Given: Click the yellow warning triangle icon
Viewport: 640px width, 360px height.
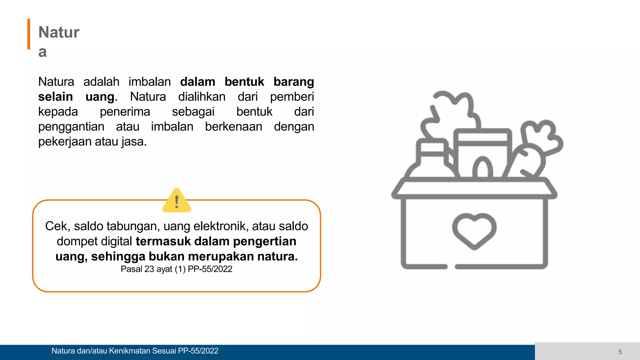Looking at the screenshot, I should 177,201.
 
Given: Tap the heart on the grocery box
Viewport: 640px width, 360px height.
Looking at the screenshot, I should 474,230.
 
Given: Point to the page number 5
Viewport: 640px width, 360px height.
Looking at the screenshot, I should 620,352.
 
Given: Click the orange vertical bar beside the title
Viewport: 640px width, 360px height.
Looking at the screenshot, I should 29,34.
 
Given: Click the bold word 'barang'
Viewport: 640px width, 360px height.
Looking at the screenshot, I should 293,82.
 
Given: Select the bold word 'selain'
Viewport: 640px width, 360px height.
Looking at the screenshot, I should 55,97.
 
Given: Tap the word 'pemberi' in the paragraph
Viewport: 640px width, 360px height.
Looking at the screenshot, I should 292,97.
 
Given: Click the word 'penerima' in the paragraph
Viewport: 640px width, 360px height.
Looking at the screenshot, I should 125,112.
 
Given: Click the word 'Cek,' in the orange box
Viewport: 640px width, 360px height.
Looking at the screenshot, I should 57,226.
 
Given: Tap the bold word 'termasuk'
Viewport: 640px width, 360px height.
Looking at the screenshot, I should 163,241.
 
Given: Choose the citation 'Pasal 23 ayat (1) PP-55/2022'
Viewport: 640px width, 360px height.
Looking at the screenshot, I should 177,269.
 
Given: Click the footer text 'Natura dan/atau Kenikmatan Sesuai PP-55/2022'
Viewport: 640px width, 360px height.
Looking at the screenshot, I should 135,351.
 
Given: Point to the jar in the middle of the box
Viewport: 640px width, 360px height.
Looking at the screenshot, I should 483,153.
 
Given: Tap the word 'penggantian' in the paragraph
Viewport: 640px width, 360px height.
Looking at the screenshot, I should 71,127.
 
